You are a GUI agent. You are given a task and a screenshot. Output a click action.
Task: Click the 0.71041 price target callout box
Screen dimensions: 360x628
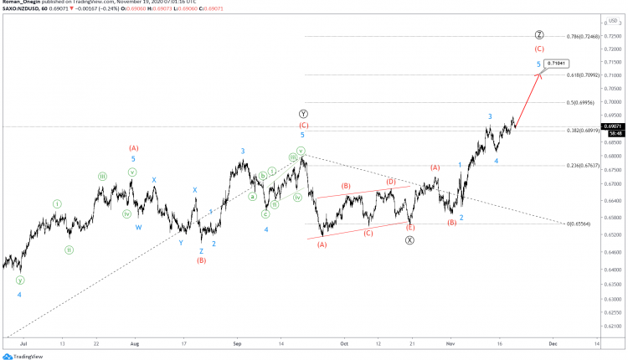point(556,64)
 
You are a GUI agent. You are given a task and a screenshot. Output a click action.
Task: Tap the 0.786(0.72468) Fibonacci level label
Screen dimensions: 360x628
point(583,37)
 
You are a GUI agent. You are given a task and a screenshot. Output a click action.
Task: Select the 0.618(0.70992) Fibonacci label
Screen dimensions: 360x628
point(584,75)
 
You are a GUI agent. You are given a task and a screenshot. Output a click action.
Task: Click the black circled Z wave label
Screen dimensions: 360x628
point(539,35)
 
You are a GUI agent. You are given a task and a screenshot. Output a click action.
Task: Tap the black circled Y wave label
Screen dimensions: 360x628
point(303,113)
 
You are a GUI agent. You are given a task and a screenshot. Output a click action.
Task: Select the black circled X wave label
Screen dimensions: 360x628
point(410,240)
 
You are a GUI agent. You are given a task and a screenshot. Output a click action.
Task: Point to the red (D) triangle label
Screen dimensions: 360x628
point(390,181)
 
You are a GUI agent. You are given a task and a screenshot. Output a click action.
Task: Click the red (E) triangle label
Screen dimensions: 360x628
point(410,228)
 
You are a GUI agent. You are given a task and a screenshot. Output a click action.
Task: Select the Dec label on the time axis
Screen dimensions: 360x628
point(553,343)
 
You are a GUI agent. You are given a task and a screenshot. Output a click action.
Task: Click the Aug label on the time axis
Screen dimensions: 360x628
point(135,343)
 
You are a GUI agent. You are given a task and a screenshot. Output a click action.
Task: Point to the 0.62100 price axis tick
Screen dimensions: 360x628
point(613,326)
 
